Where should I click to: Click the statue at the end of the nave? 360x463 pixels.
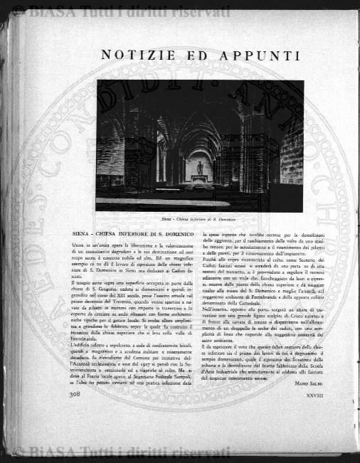pos(200,168)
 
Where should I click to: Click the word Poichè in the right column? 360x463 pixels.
pos(212,262)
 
